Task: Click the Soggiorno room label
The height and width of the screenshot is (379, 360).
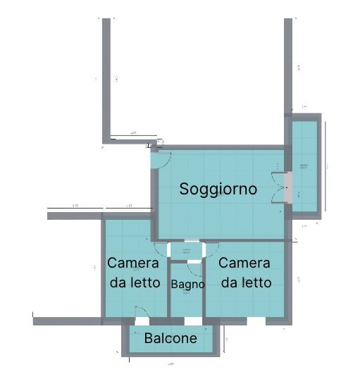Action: coord(217,189)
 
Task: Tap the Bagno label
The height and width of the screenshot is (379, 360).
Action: coord(188,285)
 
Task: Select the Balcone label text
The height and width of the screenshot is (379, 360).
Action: coord(170,339)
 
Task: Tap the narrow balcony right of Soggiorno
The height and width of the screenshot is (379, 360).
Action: coord(304,166)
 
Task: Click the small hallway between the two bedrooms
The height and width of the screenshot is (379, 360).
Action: coord(187,250)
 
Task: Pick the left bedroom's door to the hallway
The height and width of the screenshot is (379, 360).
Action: coord(161,251)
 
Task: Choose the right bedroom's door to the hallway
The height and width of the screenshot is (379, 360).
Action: coord(211,251)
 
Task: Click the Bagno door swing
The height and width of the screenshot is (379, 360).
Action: coord(193,268)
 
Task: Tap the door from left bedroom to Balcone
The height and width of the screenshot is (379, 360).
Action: coord(141,313)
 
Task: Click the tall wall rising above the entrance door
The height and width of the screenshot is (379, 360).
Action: coord(107,77)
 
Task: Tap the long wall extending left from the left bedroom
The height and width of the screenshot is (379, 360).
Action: coord(66,321)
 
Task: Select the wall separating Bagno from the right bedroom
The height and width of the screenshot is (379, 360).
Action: coord(204,289)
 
